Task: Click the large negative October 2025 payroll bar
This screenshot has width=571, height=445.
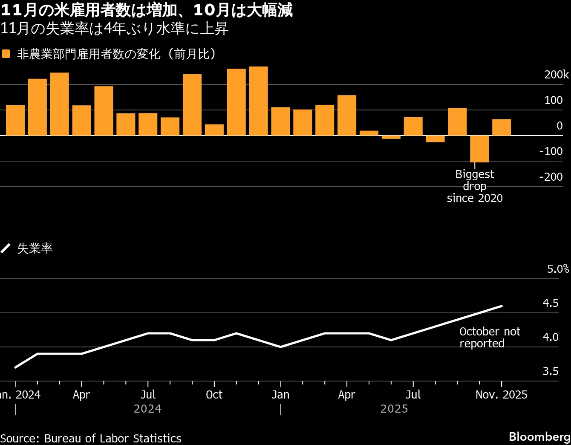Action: [479, 149]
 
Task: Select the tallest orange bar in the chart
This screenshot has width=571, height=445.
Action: [258, 101]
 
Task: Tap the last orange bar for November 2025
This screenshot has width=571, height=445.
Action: [501, 127]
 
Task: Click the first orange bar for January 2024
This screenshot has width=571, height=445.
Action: [15, 120]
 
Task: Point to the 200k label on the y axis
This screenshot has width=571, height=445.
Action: [556, 75]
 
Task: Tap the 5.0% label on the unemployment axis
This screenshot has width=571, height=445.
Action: [558, 269]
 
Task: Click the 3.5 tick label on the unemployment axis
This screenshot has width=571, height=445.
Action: [550, 371]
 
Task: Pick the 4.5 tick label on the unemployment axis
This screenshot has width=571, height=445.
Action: [550, 303]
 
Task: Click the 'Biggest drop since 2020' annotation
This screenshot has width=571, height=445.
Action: [475, 186]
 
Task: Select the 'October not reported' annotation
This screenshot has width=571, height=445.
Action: [490, 338]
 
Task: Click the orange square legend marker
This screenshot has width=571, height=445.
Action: [6, 54]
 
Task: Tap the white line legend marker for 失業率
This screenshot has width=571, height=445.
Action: [6, 248]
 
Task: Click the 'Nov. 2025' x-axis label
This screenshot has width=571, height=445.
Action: [501, 395]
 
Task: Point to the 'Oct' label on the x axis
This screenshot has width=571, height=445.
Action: [214, 395]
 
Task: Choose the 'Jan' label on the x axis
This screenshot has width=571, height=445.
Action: [280, 395]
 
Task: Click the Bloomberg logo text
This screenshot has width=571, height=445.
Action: [539, 437]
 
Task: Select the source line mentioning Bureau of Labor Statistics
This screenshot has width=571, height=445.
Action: [91, 439]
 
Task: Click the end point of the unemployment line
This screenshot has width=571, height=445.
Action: [502, 306]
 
